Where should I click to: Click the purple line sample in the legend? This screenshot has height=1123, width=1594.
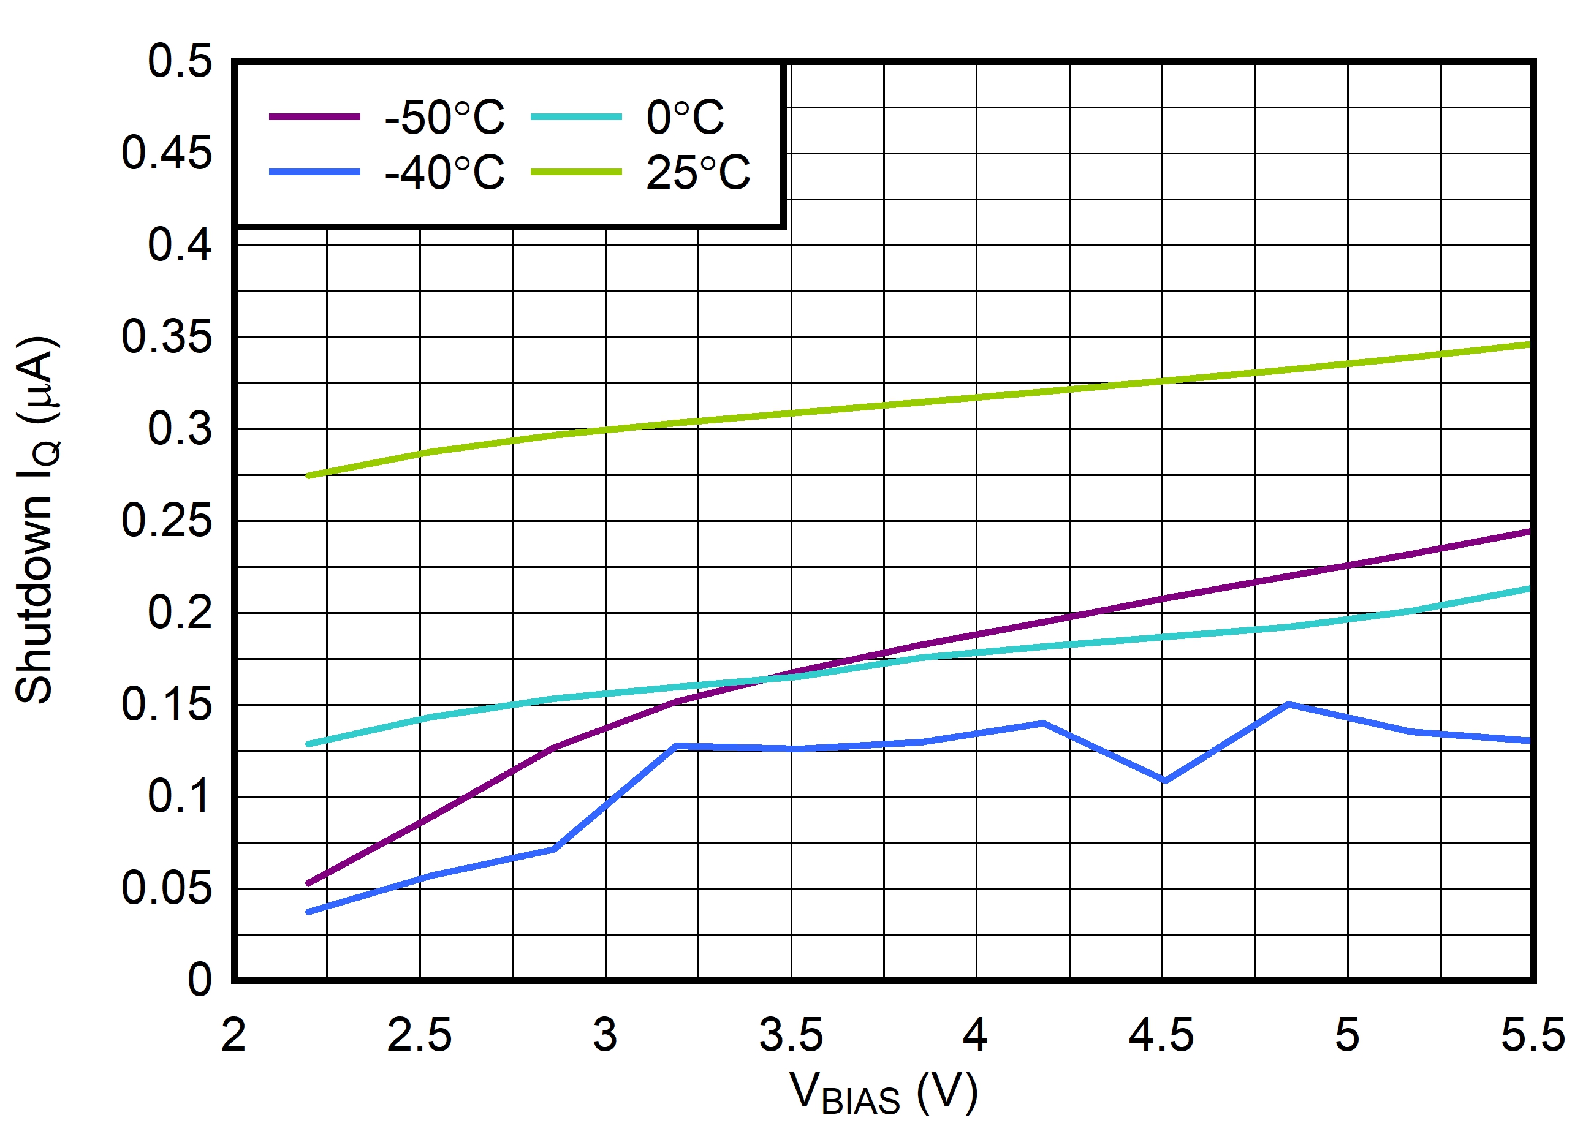tap(314, 116)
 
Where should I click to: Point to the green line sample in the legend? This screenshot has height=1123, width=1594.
tap(575, 172)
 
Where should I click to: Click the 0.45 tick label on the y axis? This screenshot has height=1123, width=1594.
tap(167, 153)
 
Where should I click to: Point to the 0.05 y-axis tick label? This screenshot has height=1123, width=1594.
tap(167, 888)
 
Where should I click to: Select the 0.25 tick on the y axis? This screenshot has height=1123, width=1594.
tap(167, 521)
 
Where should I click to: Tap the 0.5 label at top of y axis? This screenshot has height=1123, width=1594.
tap(179, 61)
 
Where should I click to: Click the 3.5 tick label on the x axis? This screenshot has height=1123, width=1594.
tap(791, 1035)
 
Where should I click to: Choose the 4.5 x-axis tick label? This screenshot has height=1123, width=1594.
tap(1161, 1035)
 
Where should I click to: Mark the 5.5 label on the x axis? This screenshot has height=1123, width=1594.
tap(1533, 1035)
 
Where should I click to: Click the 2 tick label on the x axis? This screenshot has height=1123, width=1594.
tap(234, 1035)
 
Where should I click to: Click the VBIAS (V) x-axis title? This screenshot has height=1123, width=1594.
tap(883, 1093)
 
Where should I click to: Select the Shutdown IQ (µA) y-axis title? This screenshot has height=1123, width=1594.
tap(36, 521)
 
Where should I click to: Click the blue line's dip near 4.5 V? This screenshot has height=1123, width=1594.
tap(1165, 781)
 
